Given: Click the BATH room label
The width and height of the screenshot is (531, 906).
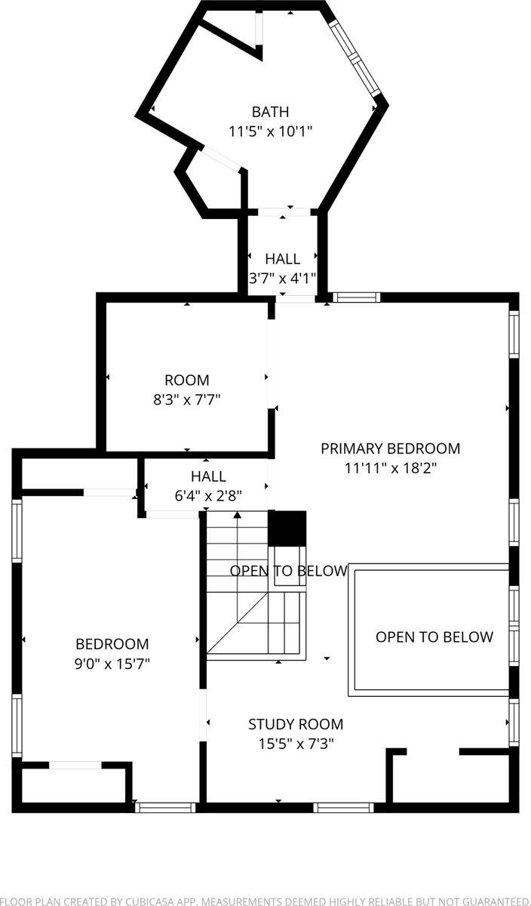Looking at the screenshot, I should pos(270,112).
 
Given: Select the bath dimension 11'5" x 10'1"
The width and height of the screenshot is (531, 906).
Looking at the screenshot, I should pos(270,131).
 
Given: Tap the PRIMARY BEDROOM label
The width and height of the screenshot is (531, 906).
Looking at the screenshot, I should pos(390,448).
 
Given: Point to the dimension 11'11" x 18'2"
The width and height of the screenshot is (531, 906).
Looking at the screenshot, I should pos(390,467).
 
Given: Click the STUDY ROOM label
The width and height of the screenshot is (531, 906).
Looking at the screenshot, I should pos(296,725).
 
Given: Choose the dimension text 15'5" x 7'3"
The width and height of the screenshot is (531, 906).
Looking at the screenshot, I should pos(296,744).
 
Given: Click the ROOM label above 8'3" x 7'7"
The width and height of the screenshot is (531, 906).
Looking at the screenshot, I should pos(187,381).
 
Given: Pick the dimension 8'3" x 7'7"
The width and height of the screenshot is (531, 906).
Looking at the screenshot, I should pos(187,399).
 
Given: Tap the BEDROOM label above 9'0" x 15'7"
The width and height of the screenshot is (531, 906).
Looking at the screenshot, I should pos(112,644).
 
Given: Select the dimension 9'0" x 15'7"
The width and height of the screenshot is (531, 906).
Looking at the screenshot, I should pos(112,664).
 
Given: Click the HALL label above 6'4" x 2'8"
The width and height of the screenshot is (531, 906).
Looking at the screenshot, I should pos(208,476).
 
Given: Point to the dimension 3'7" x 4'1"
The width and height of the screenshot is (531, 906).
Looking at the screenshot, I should pos(282,278).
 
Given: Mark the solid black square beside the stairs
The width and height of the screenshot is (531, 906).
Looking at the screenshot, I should pos(287,528).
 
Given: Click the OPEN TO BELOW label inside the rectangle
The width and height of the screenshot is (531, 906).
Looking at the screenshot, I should pos(434,637).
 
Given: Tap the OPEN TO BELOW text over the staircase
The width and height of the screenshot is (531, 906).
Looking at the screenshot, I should pos(289,571).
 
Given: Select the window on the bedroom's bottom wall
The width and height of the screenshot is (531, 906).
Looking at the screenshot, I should pos(165,807).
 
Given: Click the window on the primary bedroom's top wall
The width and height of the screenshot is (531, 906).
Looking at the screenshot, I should pos(355,297).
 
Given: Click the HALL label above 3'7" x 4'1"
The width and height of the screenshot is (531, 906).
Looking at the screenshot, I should pos(282,259).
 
